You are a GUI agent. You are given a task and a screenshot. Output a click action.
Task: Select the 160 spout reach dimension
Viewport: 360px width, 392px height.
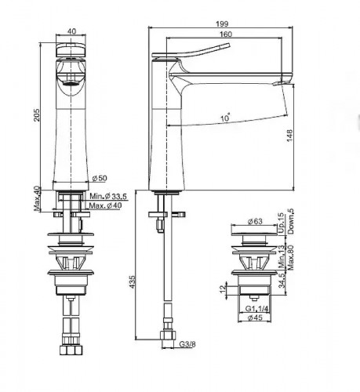(225, 34)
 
